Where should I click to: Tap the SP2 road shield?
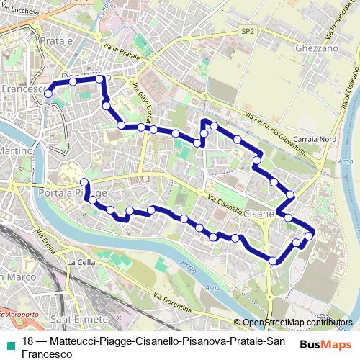coord(248,32)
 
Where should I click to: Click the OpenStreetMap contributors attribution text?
coord(297,322)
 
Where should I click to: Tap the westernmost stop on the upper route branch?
coord(48,93)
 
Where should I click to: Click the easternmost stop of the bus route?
coord(310,235)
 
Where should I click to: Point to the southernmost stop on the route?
coord(273,260)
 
